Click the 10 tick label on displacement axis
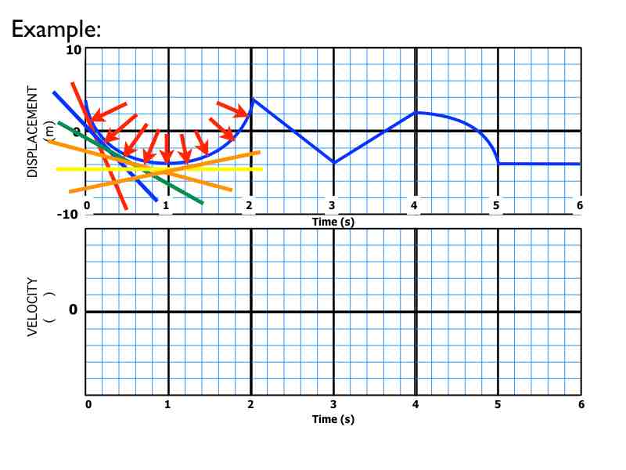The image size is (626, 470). coord(73,50)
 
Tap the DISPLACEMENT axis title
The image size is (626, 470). coord(33,132)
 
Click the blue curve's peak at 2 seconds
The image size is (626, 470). coord(251,99)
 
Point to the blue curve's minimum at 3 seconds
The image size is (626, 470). coord(334,163)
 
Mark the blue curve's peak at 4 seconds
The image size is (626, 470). coord(416,112)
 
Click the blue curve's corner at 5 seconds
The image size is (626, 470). coord(498,163)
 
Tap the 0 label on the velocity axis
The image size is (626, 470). coord(73,311)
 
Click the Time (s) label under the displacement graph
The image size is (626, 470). coord(333,222)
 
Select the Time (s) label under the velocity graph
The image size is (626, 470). coord(333,419)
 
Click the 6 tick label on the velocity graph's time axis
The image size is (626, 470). coord(580,404)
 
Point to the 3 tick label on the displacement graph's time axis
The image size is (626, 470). coord(333,206)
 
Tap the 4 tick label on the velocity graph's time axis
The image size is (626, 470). coord(416,404)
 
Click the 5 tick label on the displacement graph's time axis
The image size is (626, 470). coord(496,206)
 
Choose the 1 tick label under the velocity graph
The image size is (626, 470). coord(167,404)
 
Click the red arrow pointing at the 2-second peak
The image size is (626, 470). coord(232,110)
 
